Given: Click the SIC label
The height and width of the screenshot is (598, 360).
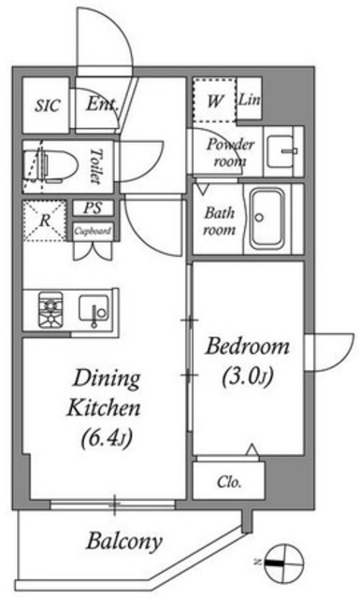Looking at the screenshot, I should [48, 106].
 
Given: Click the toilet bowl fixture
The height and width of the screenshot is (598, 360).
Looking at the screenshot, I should [52, 164].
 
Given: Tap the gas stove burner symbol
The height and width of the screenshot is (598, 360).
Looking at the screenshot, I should [50, 310].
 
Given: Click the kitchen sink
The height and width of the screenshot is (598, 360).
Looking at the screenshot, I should [93, 308].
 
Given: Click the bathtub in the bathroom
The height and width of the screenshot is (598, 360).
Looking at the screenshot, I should [273, 221].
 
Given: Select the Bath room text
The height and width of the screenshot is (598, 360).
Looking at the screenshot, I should [220, 221].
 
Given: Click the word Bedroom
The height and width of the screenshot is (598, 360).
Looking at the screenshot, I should [248, 348].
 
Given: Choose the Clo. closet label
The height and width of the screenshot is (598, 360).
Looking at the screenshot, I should [229, 483].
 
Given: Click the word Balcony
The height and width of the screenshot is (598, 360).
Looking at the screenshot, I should [125, 540].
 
